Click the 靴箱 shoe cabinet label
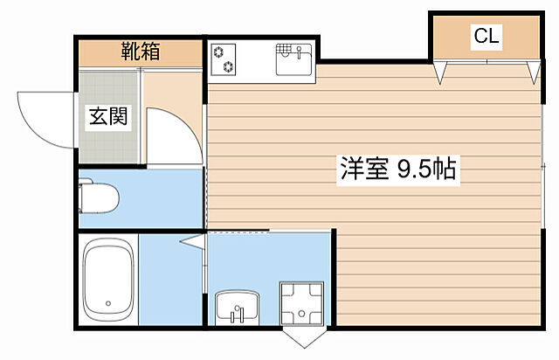pos(140,52)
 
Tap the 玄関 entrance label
pos(107,117)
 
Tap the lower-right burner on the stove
pos(230,66)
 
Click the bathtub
pos(108,280)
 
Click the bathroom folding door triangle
pos(193,240)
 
